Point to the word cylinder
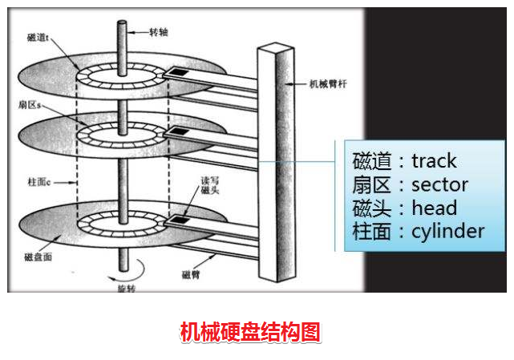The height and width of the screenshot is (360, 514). click(x=448, y=232)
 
